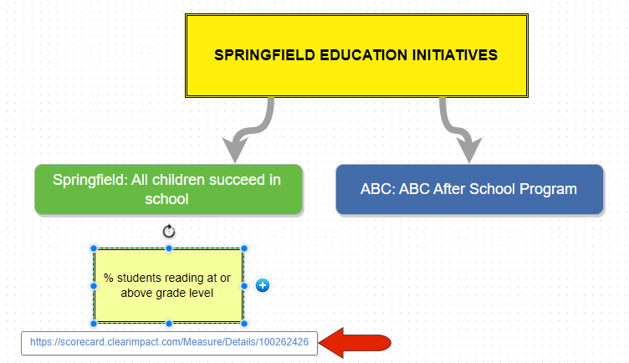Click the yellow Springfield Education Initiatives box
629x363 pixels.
pyautogui.click(x=356, y=56)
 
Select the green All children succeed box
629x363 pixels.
pyautogui.click(x=168, y=190)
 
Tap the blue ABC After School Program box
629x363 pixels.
pyautogui.click(x=469, y=190)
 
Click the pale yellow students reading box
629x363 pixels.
pyautogui.click(x=168, y=285)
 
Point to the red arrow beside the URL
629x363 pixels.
pyautogui.click(x=355, y=343)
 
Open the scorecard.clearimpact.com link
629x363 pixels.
pyautogui.click(x=169, y=342)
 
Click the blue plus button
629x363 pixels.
pyautogui.click(x=263, y=285)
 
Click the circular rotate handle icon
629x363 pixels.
pyautogui.click(x=169, y=232)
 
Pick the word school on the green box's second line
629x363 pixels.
pyautogui.click(x=167, y=199)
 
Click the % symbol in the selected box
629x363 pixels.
pyautogui.click(x=108, y=278)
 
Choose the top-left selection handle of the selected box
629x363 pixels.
pyautogui.click(x=94, y=248)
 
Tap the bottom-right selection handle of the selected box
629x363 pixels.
pyautogui.click(x=244, y=324)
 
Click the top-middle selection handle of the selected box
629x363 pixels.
pyautogui.click(x=169, y=248)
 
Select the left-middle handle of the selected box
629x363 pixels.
pyautogui.click(x=94, y=286)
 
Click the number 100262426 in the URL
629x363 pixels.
pyautogui.click(x=284, y=342)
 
